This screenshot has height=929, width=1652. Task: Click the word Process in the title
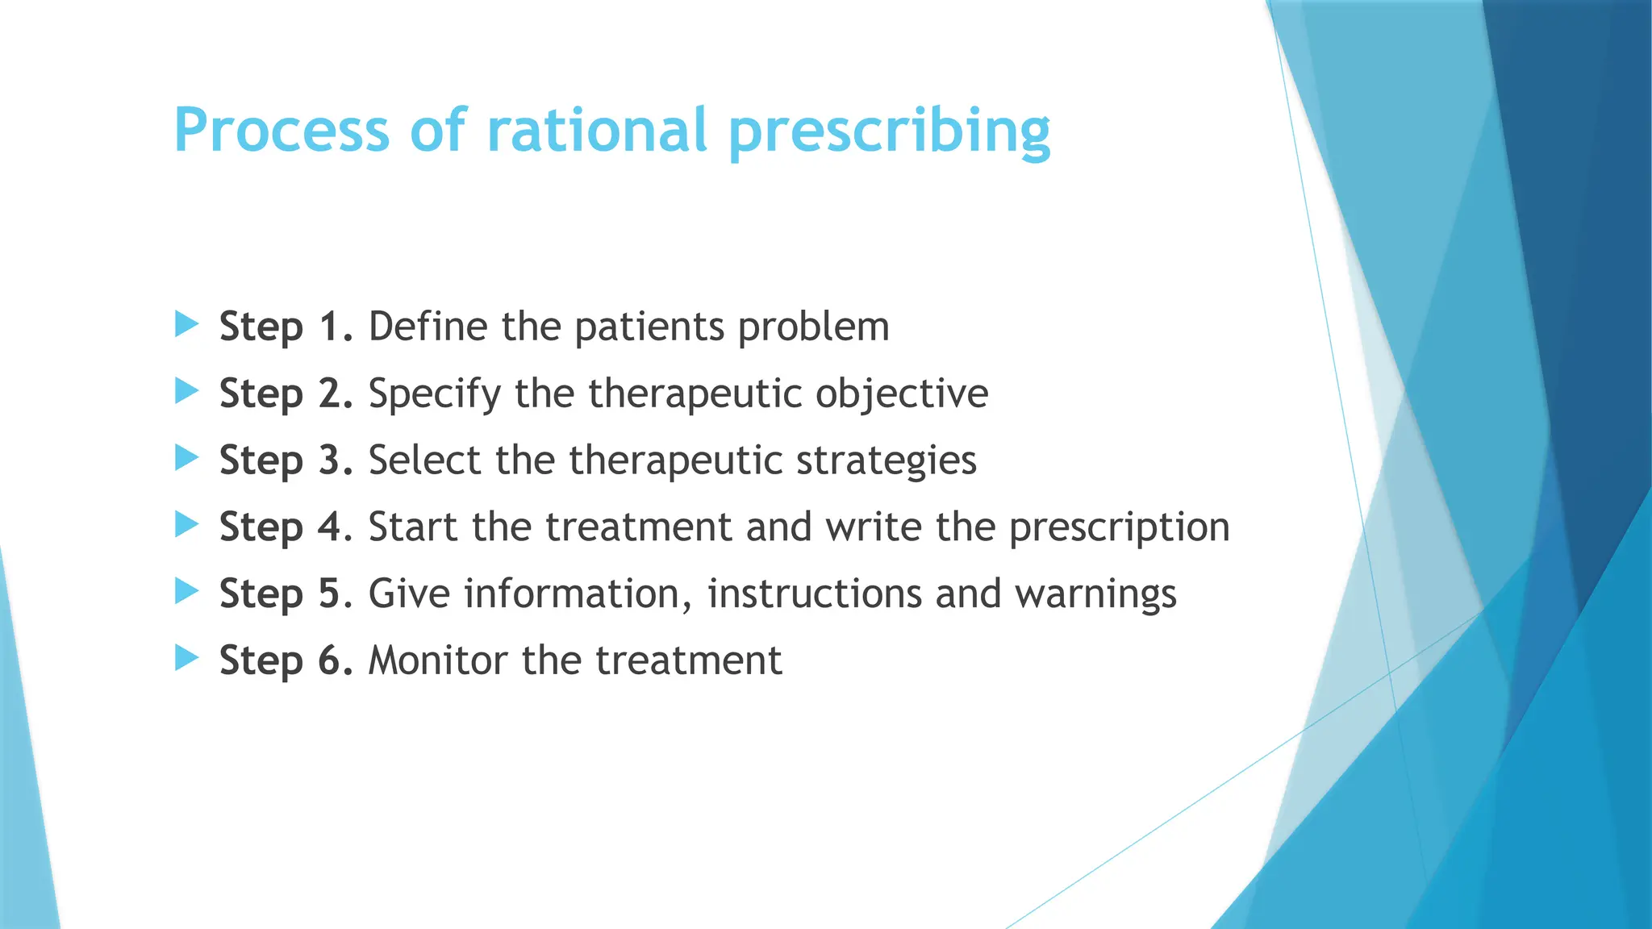point(282,131)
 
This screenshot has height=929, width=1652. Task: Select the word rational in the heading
point(597,131)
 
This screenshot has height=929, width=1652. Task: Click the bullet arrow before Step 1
point(186,325)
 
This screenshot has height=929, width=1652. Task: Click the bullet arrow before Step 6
point(186,659)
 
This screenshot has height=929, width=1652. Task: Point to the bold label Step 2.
point(286,394)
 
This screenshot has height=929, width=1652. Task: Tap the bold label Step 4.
point(286,527)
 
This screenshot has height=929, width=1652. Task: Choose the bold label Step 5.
point(286,594)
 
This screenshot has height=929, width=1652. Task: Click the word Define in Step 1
point(428,327)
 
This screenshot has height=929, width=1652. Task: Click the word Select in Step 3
point(424,460)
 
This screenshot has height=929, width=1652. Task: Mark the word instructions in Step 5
point(813,594)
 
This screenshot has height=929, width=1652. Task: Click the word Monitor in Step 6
point(438,660)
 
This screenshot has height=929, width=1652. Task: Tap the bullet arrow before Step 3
point(186,459)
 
